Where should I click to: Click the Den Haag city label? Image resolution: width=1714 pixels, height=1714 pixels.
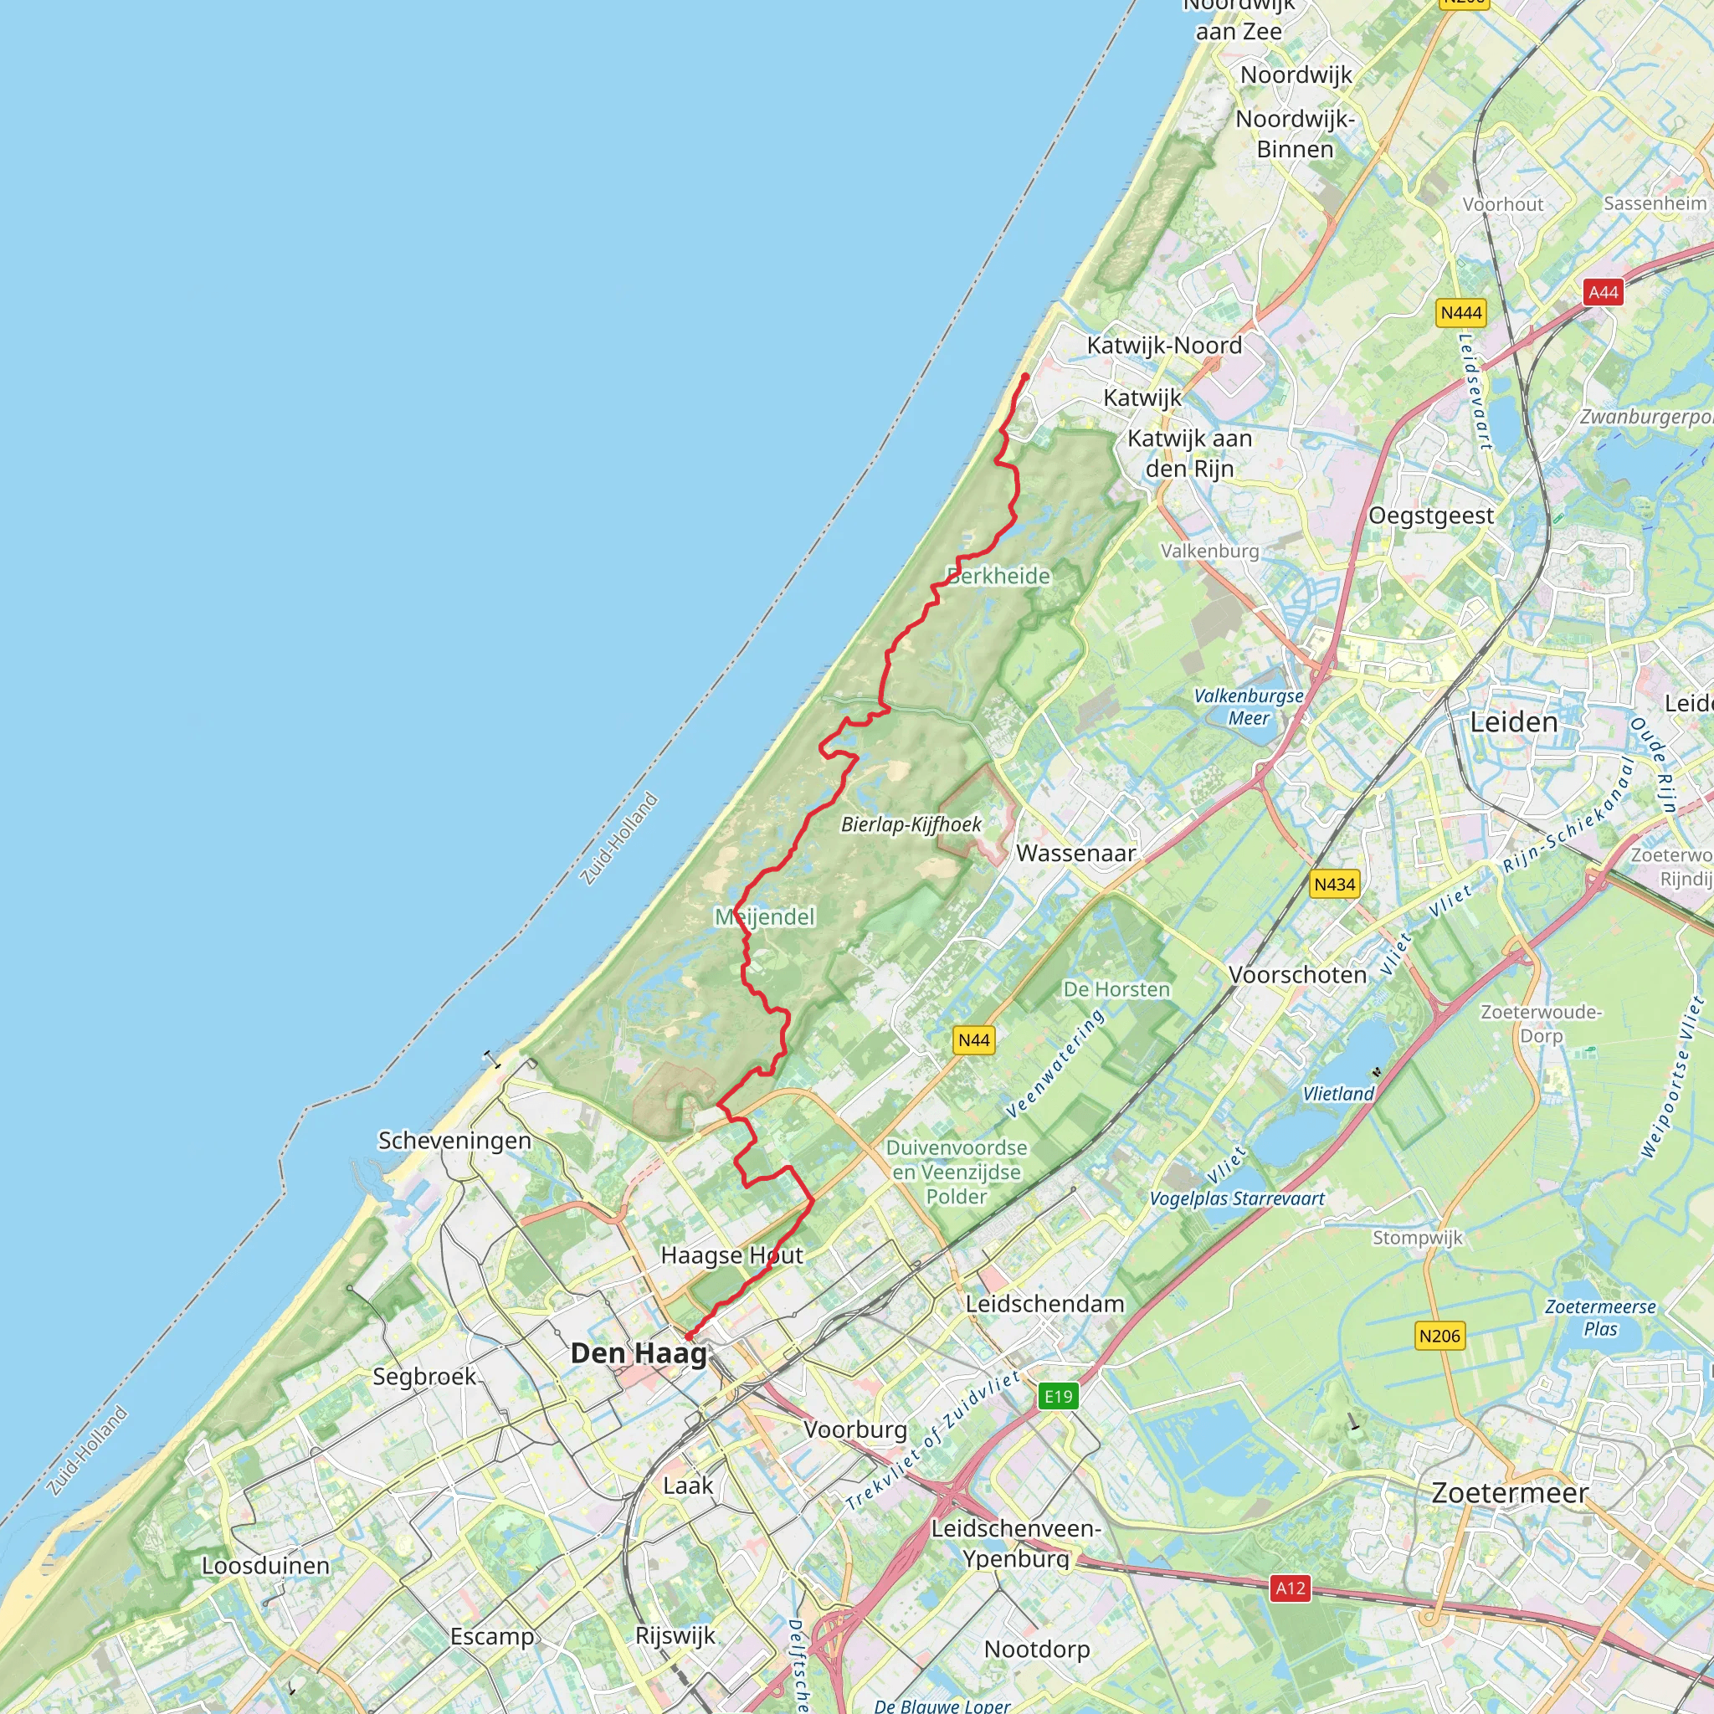tap(639, 1353)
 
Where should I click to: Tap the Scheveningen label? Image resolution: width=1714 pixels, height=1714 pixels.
tap(454, 1140)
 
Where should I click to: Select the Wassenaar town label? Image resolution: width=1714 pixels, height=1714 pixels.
tap(1075, 854)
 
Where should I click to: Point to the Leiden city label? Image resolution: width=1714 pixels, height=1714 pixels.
tap(1513, 722)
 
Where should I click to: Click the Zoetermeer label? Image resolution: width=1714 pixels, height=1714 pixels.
tap(1509, 1493)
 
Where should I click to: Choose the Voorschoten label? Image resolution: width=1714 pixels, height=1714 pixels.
tap(1297, 974)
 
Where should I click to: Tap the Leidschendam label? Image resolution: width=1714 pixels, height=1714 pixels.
tap(1044, 1303)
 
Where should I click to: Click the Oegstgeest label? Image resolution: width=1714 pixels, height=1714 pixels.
tap(1430, 516)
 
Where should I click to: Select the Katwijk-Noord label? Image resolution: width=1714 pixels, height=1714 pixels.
tap(1164, 345)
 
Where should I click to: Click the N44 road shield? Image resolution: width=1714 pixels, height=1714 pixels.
tap(973, 1040)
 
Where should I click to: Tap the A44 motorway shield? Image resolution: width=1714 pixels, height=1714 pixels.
tap(1603, 292)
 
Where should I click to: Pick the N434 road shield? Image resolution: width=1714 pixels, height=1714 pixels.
tap(1334, 884)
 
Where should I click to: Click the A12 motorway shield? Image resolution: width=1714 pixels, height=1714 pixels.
tap(1290, 1588)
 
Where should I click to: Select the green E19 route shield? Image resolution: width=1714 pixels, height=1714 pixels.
tap(1058, 1397)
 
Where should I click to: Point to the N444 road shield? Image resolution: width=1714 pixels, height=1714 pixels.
tap(1460, 312)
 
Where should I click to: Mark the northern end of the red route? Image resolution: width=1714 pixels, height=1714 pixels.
tap(1025, 376)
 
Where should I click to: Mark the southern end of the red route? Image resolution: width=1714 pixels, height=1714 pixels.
tap(688, 1337)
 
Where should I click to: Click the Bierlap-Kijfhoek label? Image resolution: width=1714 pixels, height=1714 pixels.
tap(911, 824)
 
